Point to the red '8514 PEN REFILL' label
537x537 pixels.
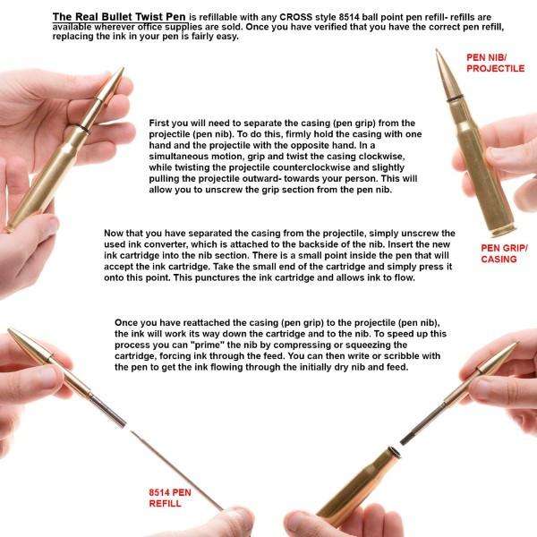click(171, 499)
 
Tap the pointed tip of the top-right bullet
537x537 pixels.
click(439, 54)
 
